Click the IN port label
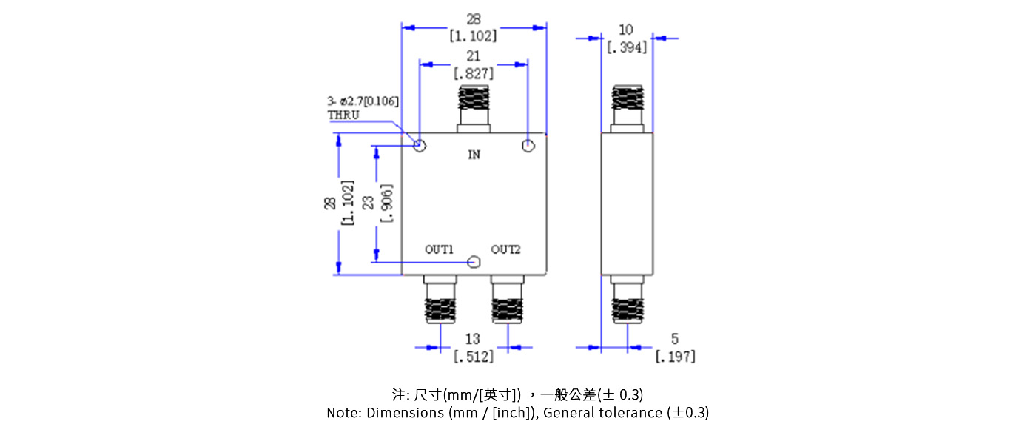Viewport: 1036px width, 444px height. [x=474, y=155]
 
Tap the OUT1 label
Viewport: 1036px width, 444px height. [x=439, y=249]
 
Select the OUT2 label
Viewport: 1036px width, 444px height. [x=506, y=249]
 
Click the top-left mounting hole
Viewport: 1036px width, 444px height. [x=420, y=145]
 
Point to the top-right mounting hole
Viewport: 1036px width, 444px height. [x=528, y=145]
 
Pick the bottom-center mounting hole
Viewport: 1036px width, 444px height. [x=475, y=261]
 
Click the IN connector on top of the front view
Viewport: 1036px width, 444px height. [x=474, y=107]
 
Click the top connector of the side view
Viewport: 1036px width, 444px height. [x=627, y=107]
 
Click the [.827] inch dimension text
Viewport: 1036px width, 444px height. [x=474, y=73]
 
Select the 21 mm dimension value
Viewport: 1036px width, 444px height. [x=474, y=56]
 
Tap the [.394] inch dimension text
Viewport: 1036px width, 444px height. [x=627, y=47]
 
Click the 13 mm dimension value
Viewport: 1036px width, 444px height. [x=473, y=339]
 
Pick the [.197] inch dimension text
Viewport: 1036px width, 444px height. [x=675, y=357]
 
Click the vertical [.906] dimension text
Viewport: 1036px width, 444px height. [x=386, y=202]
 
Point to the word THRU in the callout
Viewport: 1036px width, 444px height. [x=343, y=115]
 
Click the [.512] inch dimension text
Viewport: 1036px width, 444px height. [x=473, y=357]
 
